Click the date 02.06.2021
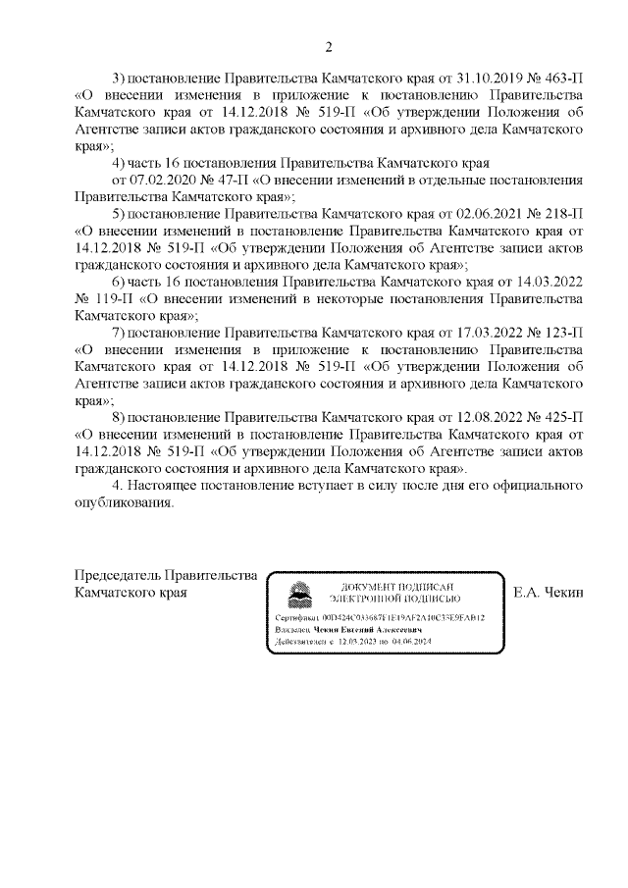(x=491, y=214)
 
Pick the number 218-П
(x=562, y=214)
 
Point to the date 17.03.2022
(x=491, y=333)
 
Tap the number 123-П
(x=562, y=333)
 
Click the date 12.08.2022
(x=491, y=417)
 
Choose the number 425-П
(x=562, y=417)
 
